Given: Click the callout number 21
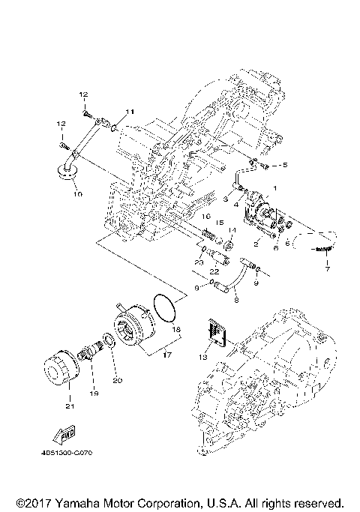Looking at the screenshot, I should point(69,407).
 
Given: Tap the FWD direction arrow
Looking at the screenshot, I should point(61,433).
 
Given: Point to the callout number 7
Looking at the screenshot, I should point(327,270).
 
